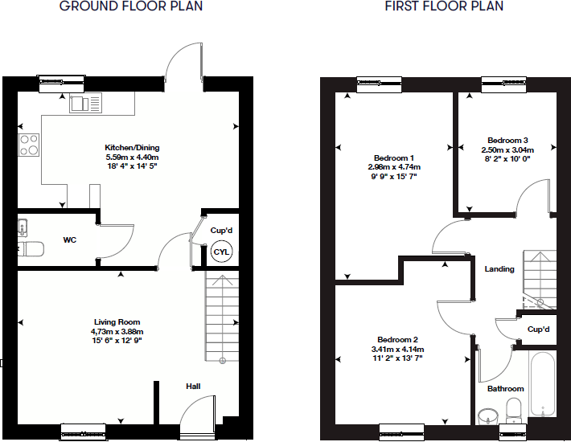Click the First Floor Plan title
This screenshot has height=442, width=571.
click(444, 6)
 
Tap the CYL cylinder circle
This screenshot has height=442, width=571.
click(221, 252)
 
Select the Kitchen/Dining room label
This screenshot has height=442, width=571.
click(133, 148)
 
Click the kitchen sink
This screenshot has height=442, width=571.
click(86, 103)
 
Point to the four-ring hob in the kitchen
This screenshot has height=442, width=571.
click(29, 145)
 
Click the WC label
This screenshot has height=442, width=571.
click(70, 239)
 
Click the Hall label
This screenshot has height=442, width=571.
click(193, 387)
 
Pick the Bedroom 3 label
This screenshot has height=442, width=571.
click(506, 140)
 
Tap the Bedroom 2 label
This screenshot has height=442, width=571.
click(396, 340)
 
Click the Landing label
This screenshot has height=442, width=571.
click(499, 269)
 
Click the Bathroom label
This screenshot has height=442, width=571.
click(505, 389)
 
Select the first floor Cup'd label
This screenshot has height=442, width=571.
click(538, 329)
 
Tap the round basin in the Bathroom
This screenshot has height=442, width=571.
click(489, 415)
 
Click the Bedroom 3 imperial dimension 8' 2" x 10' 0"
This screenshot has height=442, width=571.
click(506, 159)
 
